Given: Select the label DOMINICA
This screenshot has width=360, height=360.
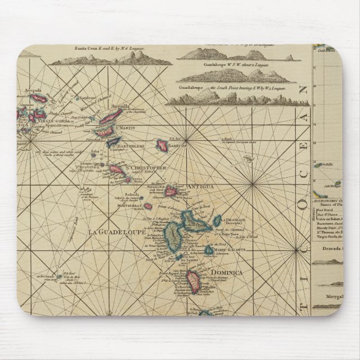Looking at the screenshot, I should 226,272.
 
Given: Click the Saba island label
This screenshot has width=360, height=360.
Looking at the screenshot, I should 95,150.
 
